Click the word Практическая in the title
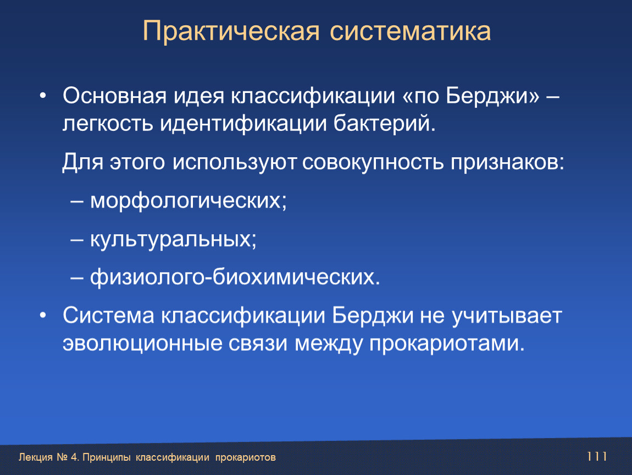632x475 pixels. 231,31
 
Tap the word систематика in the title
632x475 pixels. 411,31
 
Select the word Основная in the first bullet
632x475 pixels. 114,96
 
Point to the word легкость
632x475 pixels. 108,124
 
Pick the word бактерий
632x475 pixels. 385,123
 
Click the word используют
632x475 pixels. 235,163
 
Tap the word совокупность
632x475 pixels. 373,163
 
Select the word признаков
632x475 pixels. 507,163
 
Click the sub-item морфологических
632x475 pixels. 189,201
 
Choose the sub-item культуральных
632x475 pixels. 173,239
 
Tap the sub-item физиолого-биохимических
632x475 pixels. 235,277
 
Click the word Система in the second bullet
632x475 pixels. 108,315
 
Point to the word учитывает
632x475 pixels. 507,316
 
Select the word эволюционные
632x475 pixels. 143,343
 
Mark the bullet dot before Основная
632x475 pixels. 43,96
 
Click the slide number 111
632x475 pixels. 597,456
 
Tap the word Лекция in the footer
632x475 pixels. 36,457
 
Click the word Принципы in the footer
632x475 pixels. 107,457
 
